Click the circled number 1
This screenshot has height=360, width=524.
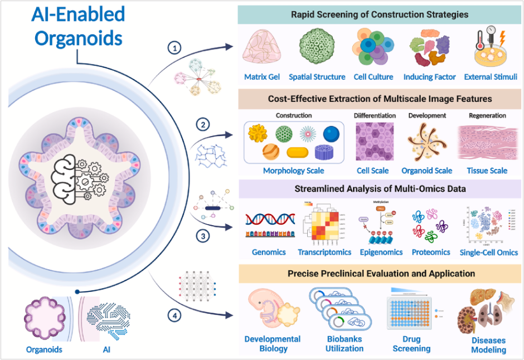pyautogui.click(x=176, y=48)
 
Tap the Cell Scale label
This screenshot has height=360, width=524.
pyautogui.click(x=373, y=171)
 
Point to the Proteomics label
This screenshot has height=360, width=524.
pyautogui.click(x=431, y=252)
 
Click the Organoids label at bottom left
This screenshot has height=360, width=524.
pyautogui.click(x=44, y=350)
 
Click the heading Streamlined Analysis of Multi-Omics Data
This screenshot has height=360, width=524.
pyautogui.click(x=380, y=189)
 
